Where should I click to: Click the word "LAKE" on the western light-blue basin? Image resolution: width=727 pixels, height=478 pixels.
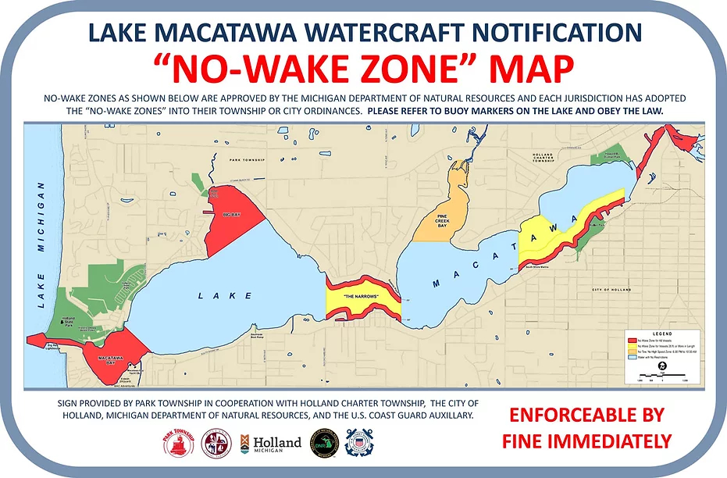[225, 296]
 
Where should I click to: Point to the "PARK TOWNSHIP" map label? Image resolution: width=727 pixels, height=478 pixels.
[248, 159]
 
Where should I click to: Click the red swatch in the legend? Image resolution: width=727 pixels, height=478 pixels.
[633, 341]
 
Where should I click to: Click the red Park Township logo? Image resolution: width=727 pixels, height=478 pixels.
[178, 443]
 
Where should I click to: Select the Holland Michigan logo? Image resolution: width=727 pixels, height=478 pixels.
[271, 443]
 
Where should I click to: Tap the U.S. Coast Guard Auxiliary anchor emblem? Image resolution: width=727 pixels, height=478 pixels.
[358, 443]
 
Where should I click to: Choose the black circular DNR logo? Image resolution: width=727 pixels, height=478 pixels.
[323, 443]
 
